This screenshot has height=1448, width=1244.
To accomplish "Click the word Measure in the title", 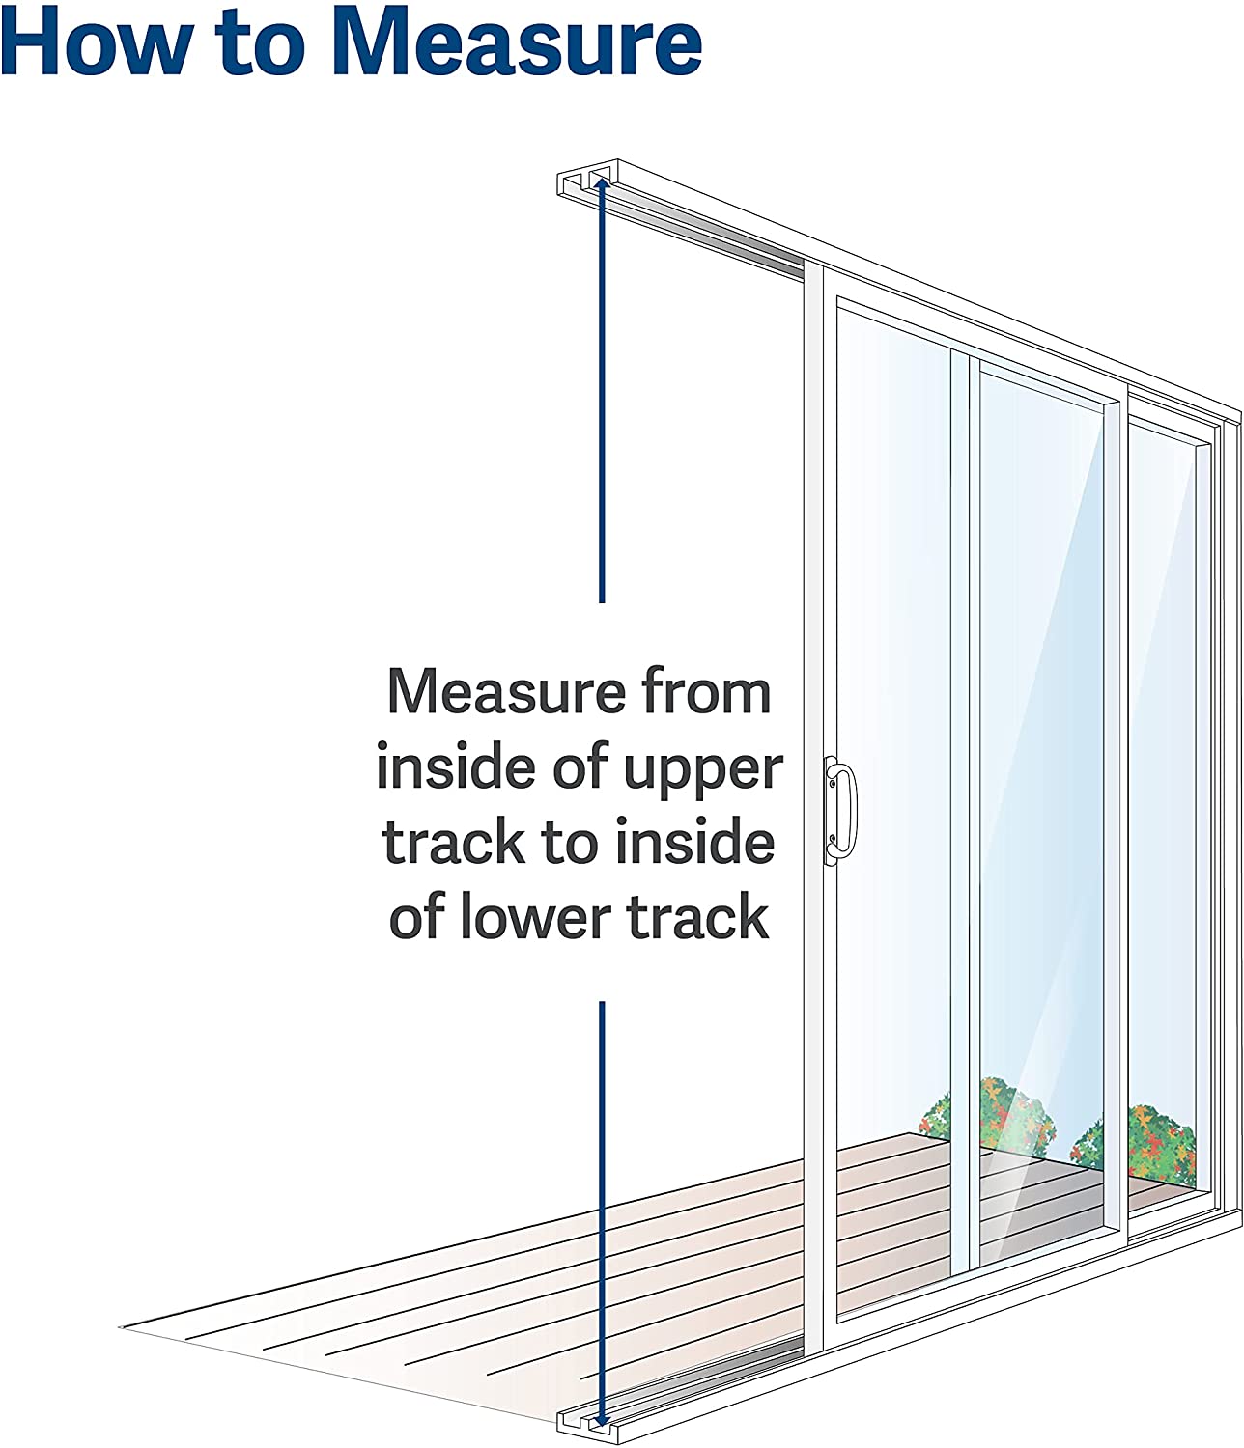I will [516, 43].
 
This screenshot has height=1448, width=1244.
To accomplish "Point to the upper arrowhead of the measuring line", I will [602, 182].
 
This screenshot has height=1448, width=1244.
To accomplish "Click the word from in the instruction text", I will [706, 692].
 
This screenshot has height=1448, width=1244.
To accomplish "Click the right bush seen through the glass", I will [1140, 1144].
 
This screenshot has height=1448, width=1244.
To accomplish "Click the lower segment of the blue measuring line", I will [602, 1207].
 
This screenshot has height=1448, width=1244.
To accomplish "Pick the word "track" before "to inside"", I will [455, 843].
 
